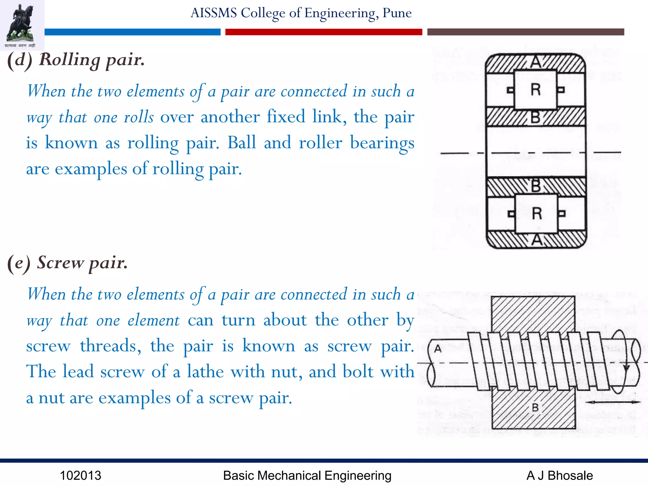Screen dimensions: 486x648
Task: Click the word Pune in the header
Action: click(397, 13)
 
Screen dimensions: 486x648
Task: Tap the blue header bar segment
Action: click(132, 32)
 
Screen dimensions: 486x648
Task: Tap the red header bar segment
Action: click(323, 32)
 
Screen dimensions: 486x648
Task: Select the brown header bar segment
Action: click(525, 32)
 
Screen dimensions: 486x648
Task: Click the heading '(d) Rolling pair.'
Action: click(76, 59)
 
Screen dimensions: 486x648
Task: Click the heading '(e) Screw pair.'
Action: click(67, 263)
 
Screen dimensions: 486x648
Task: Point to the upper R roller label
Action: click(535, 90)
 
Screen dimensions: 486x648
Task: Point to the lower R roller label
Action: click(537, 214)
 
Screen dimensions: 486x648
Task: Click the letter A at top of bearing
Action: click(536, 62)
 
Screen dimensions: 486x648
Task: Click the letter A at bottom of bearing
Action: click(537, 240)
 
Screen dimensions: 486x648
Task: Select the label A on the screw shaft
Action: click(438, 349)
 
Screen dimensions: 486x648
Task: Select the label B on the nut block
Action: click(535, 408)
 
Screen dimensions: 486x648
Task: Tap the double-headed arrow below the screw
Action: click(613, 402)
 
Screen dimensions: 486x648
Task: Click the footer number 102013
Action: click(80, 476)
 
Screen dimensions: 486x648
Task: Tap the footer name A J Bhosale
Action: click(559, 476)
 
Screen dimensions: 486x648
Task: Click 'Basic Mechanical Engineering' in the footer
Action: click(307, 476)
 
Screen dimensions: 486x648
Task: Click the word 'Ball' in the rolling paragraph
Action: click(242, 143)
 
